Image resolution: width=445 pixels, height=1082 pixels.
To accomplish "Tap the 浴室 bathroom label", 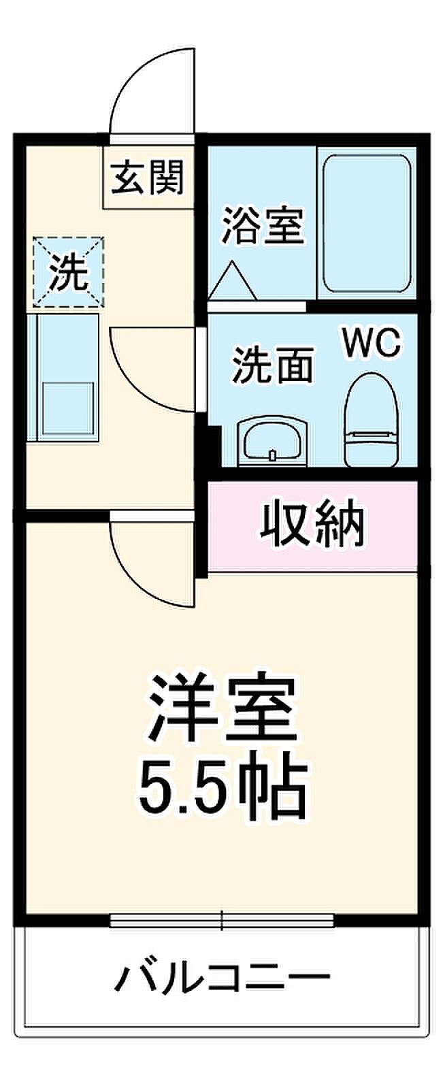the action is tap(263, 225).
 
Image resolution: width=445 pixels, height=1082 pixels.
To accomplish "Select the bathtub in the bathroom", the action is tap(367, 223).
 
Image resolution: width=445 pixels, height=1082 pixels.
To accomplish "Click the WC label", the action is tap(371, 342).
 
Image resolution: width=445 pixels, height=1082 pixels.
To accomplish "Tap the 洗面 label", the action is tap(272, 364).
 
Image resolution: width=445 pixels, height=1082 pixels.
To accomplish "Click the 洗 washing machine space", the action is tap(68, 272).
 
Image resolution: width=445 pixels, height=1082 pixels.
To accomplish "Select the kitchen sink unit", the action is tap(63, 378).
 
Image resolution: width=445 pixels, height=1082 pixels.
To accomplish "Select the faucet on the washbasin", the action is tap(272, 455).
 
